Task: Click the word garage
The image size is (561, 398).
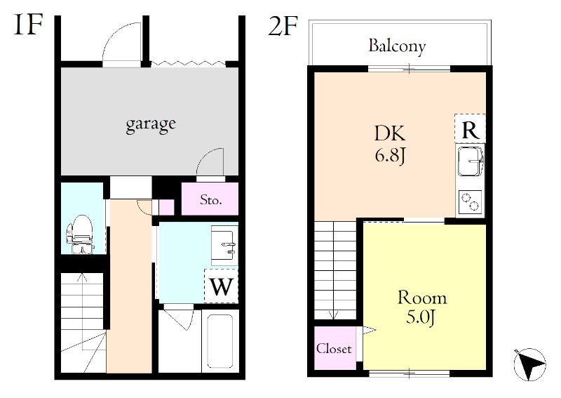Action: coord(151,125)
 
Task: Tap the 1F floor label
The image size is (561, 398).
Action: coord(29,25)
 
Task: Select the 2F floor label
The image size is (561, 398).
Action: coord(283,25)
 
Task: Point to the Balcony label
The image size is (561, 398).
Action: coord(397,46)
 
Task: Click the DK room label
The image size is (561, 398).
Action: coord(390,133)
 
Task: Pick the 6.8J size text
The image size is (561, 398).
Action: coord(390,155)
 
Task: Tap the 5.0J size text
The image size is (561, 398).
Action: coord(421,317)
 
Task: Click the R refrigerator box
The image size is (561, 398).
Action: coord(470,128)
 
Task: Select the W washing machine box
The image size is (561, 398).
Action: coord(221,286)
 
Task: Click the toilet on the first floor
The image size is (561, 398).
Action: coord(80,234)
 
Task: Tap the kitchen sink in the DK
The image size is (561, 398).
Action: coord(470,161)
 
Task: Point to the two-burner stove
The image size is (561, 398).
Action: coord(470,201)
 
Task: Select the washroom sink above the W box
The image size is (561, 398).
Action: coord(224,245)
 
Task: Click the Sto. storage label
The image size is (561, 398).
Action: coord(211,199)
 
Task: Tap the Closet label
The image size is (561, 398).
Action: coord(334,348)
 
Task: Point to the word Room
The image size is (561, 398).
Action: coord(422,298)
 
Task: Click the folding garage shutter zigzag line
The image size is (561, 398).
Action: coord(188,64)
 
